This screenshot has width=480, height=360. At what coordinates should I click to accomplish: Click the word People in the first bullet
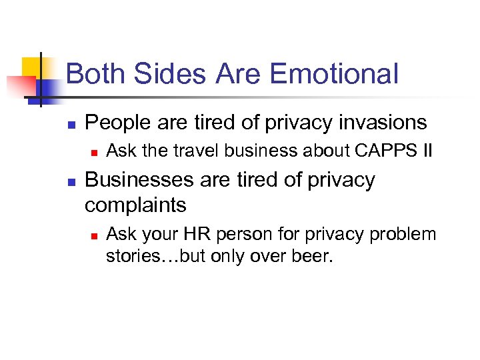tap(117, 123)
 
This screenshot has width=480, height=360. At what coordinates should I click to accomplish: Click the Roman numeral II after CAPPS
tap(426, 152)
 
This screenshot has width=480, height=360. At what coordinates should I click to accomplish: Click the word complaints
tap(135, 205)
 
